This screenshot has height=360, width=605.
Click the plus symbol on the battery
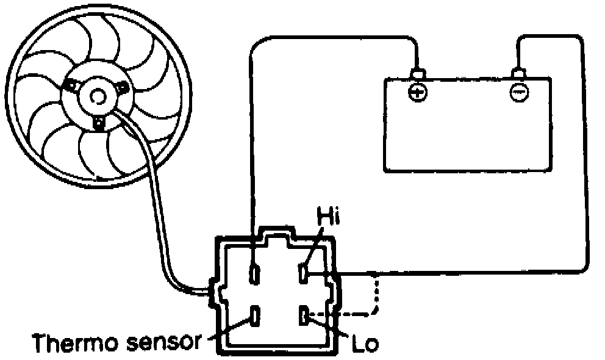coord(417,93)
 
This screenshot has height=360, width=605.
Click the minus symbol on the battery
coord(519,93)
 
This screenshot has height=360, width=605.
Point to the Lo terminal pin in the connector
coord(304,317)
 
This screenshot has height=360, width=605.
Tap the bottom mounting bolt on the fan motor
coord(99,124)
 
